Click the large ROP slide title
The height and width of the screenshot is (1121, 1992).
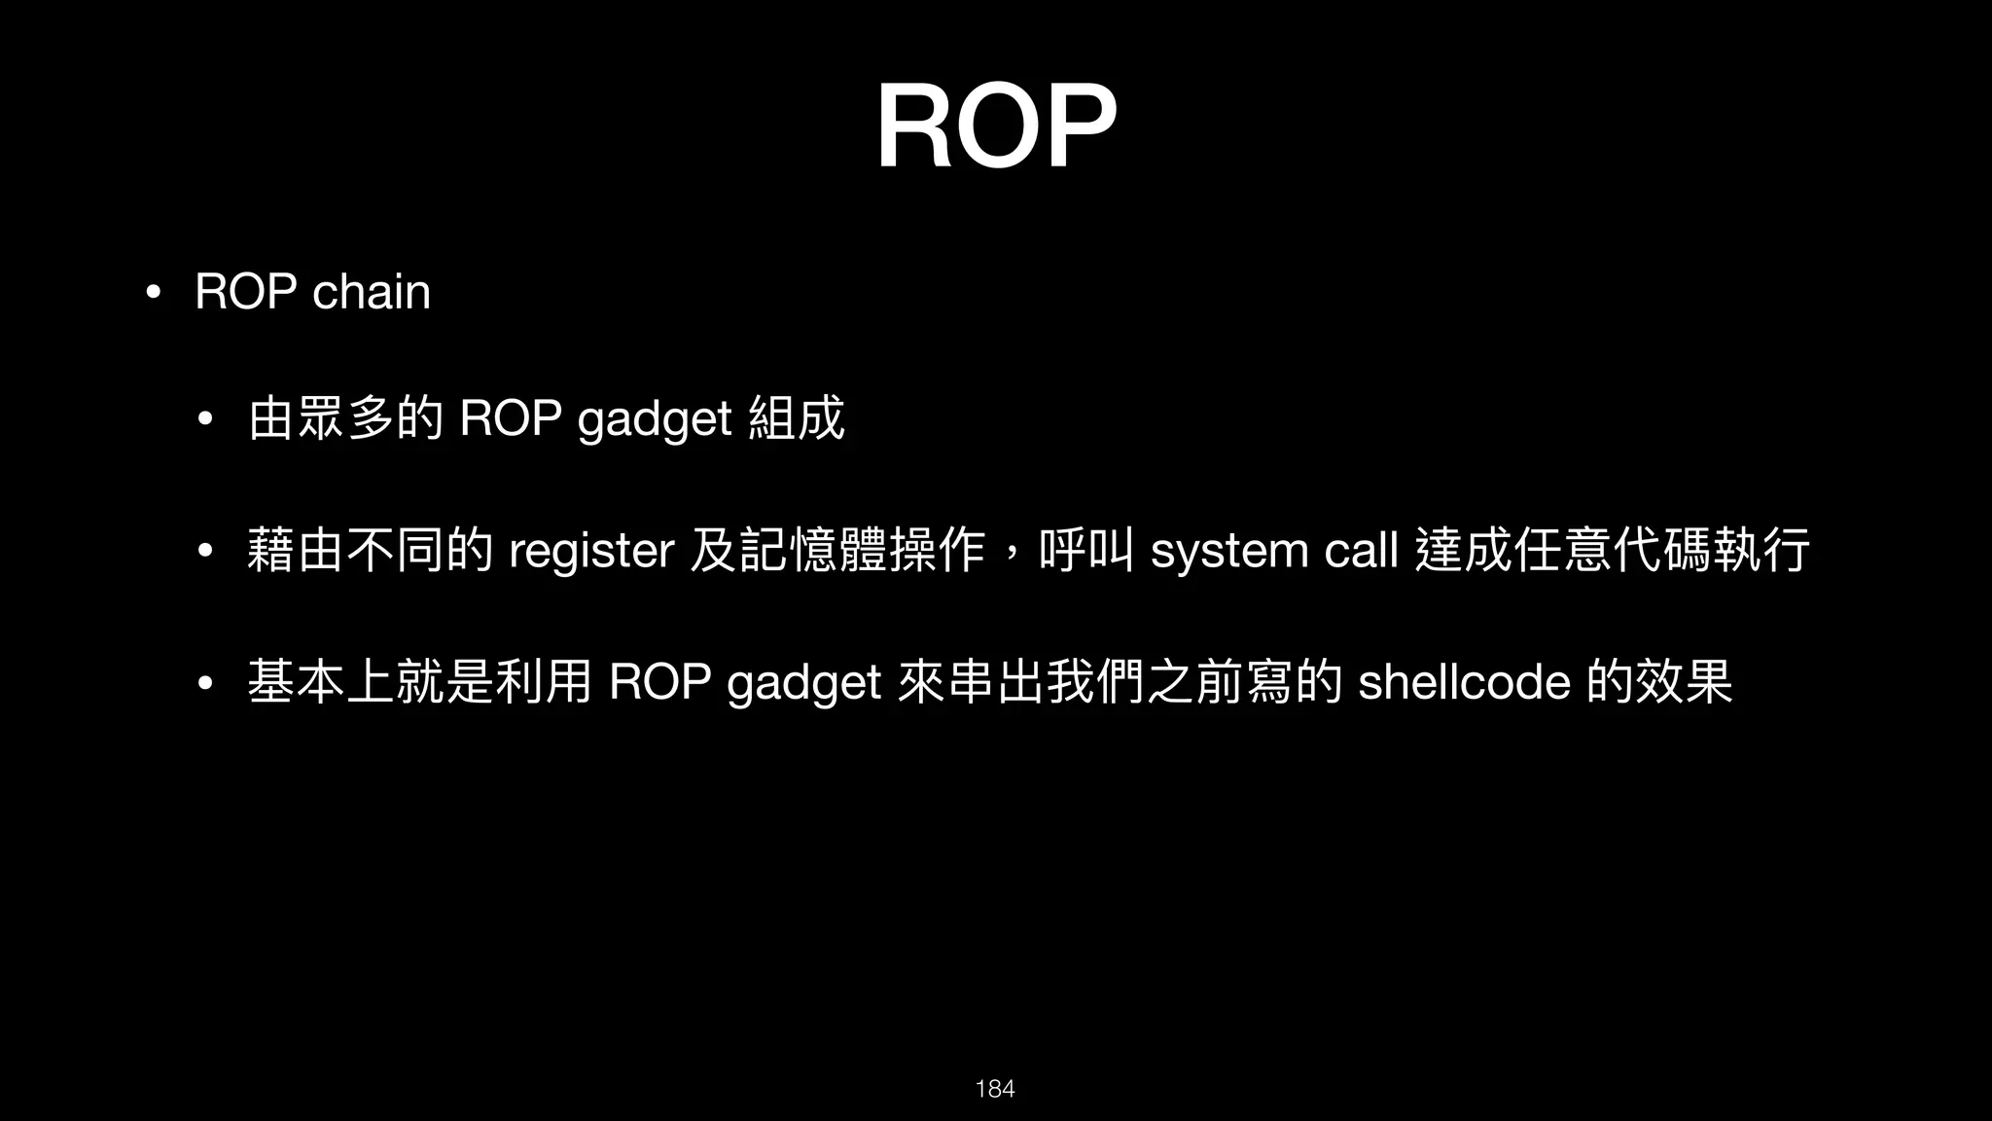pos(995,127)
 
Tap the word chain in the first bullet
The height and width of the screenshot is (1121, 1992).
pos(371,292)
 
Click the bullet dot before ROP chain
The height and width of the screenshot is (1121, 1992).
pos(152,292)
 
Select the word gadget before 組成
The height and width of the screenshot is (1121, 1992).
pos(654,420)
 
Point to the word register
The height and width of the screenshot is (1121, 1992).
pos(591,551)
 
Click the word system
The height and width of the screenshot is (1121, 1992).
pos(1229,551)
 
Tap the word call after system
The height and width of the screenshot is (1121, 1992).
pos(1362,551)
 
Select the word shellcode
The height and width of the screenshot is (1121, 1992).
pos(1464,681)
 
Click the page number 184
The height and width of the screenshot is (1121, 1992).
pos(995,1089)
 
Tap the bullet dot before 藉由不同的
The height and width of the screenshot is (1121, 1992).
pos(204,552)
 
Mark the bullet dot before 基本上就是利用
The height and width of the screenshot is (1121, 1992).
pos(204,682)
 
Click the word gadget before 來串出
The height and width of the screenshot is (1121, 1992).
pos(803,683)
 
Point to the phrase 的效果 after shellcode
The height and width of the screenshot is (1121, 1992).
pos(1659,681)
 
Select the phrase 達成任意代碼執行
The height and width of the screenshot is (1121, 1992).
pos(1613,551)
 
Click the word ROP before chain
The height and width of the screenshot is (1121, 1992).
pos(246,292)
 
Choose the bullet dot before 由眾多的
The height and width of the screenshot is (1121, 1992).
pos(204,421)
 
